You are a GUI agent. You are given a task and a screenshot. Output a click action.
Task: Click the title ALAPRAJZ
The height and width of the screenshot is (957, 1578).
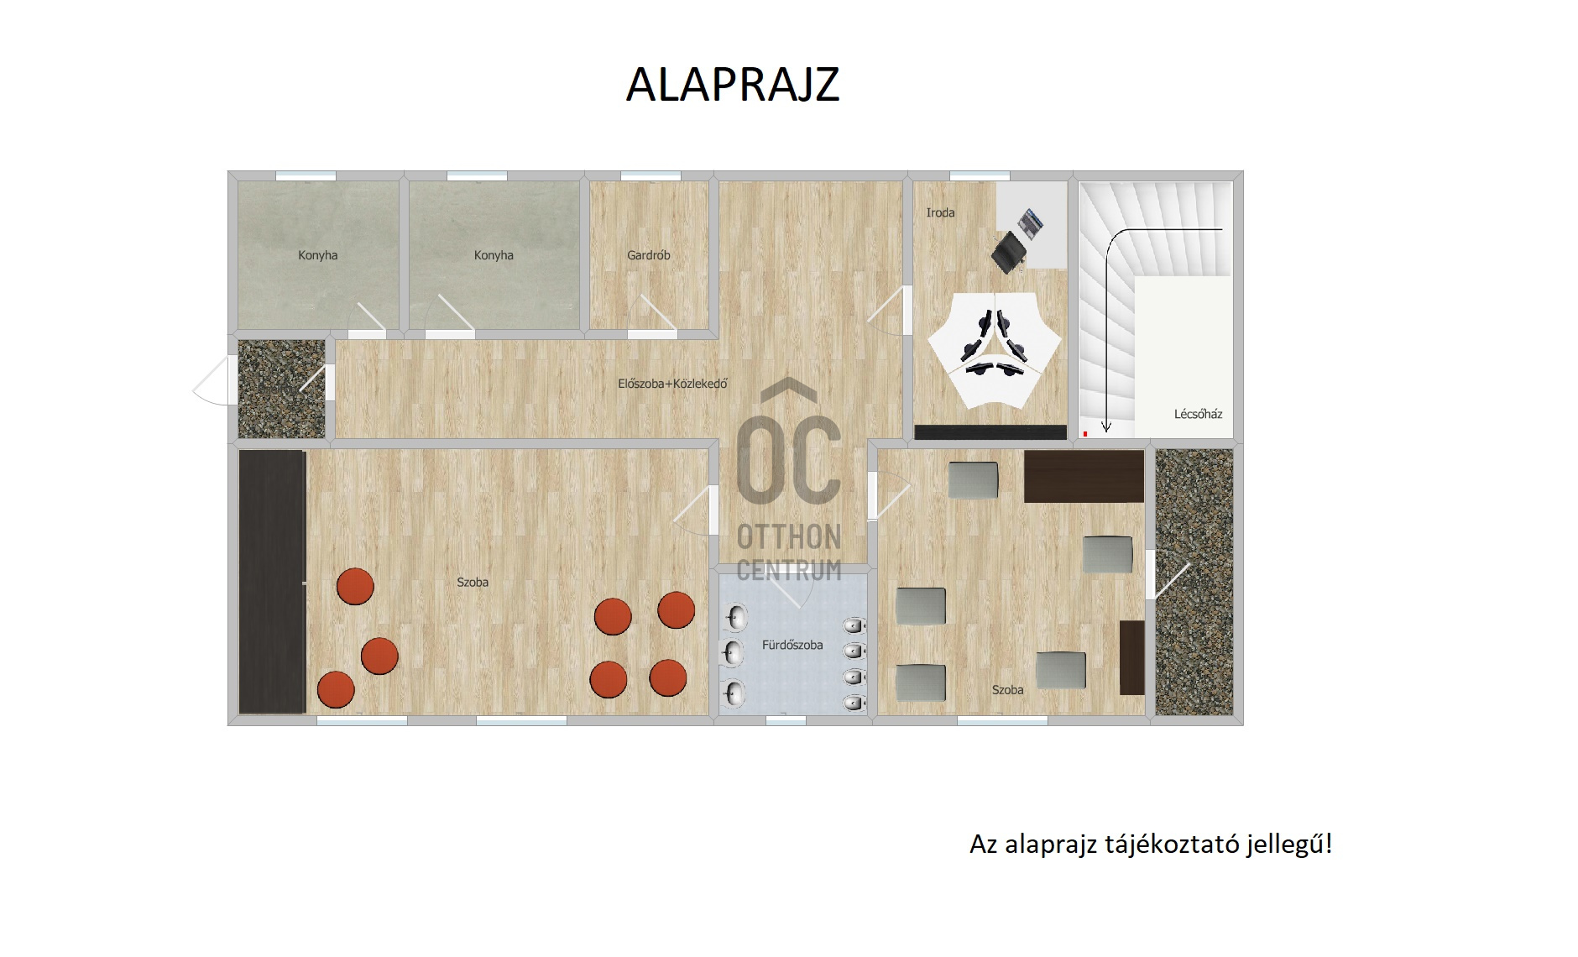pyautogui.click(x=733, y=85)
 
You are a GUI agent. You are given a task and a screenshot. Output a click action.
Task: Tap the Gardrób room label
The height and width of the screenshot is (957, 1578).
pyautogui.click(x=649, y=255)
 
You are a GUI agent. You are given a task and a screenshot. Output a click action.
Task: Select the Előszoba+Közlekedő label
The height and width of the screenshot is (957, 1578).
pyautogui.click(x=672, y=384)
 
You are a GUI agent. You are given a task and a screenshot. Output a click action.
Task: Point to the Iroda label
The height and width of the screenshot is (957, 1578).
pyautogui.click(x=940, y=212)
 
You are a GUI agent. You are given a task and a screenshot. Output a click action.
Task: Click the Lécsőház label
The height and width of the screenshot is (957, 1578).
pyautogui.click(x=1198, y=414)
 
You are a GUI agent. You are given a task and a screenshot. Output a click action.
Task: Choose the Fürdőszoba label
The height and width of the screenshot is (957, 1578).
pyautogui.click(x=792, y=645)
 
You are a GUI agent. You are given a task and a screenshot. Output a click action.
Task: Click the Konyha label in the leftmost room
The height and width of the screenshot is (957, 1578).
pyautogui.click(x=318, y=255)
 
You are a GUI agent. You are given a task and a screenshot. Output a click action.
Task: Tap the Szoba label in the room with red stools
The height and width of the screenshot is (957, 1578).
pyautogui.click(x=473, y=582)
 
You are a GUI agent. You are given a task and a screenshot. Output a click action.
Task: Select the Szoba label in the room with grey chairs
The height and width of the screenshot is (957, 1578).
pyautogui.click(x=1007, y=690)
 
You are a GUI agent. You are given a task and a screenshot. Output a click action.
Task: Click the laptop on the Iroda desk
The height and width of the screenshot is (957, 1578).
pyautogui.click(x=1031, y=223)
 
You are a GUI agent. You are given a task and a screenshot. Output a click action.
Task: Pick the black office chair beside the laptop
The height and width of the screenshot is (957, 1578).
pyautogui.click(x=1009, y=252)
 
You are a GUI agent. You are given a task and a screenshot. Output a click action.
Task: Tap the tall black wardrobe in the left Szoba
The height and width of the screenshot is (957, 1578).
pyautogui.click(x=272, y=581)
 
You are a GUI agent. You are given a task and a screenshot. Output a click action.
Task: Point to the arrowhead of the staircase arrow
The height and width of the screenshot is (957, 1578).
pyautogui.click(x=1106, y=428)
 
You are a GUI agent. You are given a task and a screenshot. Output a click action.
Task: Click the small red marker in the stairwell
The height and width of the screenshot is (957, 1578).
pyautogui.click(x=1085, y=433)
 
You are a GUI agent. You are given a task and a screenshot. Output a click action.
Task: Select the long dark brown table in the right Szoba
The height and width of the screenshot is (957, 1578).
pyautogui.click(x=1084, y=476)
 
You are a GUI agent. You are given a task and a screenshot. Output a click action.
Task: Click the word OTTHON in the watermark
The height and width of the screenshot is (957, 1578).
pyautogui.click(x=789, y=537)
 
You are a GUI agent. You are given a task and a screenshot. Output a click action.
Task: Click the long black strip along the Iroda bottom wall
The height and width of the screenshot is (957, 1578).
pyautogui.click(x=990, y=432)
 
